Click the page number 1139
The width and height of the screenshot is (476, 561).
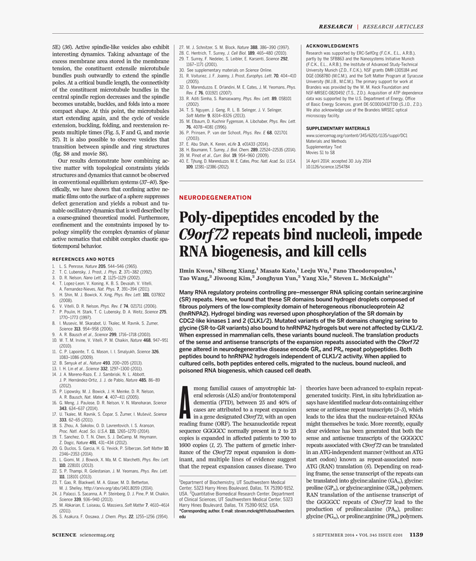click(x=416, y=534)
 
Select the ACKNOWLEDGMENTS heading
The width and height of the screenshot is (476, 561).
click(x=332, y=46)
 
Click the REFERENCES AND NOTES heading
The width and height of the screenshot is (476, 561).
click(x=83, y=259)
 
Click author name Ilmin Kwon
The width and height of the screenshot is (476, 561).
click(x=196, y=270)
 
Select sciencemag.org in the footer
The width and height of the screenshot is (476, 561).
click(x=97, y=534)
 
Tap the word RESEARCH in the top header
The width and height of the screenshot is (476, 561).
click(x=335, y=27)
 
